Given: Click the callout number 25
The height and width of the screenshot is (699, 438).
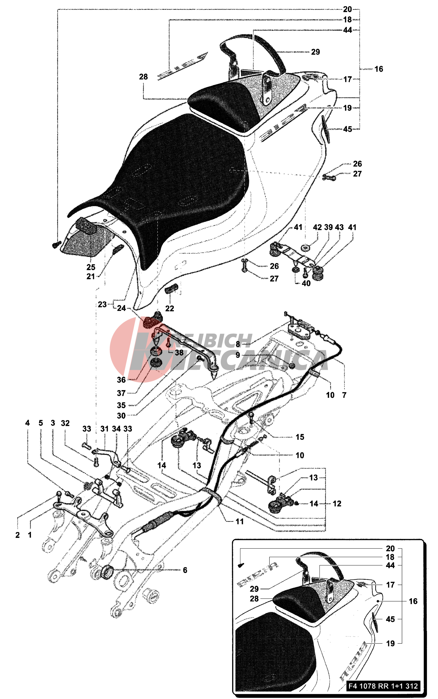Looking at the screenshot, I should pyautogui.click(x=91, y=267).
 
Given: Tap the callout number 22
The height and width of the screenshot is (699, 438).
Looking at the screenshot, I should pyautogui.click(x=170, y=308).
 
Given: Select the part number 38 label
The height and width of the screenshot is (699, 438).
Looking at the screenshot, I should pyautogui.click(x=179, y=353).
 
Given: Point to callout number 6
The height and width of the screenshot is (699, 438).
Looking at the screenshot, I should pyautogui.click(x=185, y=570).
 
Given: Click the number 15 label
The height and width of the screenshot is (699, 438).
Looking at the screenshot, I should pyautogui.click(x=300, y=437).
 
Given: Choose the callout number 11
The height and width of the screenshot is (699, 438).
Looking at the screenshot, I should pyautogui.click(x=240, y=521).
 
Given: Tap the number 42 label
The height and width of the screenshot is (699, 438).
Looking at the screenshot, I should pyautogui.click(x=317, y=227).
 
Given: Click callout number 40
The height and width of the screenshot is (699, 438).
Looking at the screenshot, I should pyautogui.click(x=306, y=283).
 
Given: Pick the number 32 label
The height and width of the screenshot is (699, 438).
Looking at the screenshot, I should pyautogui.click(x=65, y=423).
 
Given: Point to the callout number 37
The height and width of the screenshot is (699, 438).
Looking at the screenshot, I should pyautogui.click(x=121, y=393).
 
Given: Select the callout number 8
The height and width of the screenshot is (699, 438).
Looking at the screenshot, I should pyautogui.click(x=238, y=344).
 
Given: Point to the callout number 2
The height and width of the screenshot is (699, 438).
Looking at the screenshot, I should pyautogui.click(x=18, y=535).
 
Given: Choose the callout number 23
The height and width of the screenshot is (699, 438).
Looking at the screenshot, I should pyautogui.click(x=102, y=304).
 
